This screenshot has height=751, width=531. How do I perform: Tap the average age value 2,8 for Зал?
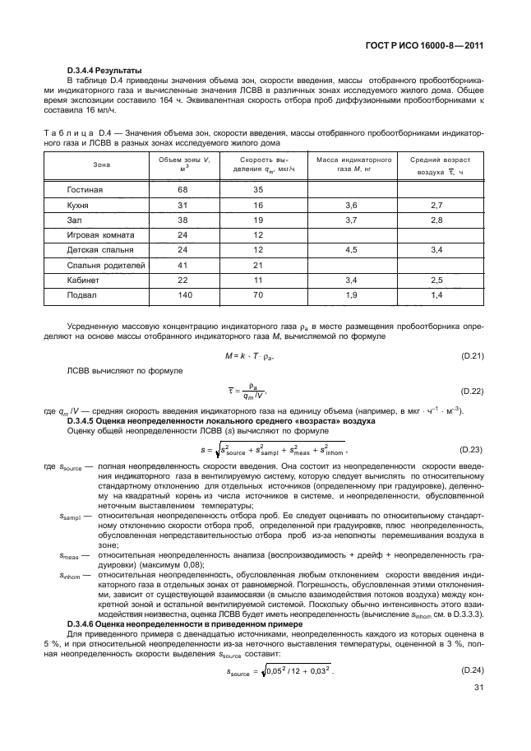pos(436,220)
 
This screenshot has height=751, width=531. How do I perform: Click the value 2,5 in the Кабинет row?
pos(436,279)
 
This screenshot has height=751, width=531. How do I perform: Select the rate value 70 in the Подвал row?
pos(257,294)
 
